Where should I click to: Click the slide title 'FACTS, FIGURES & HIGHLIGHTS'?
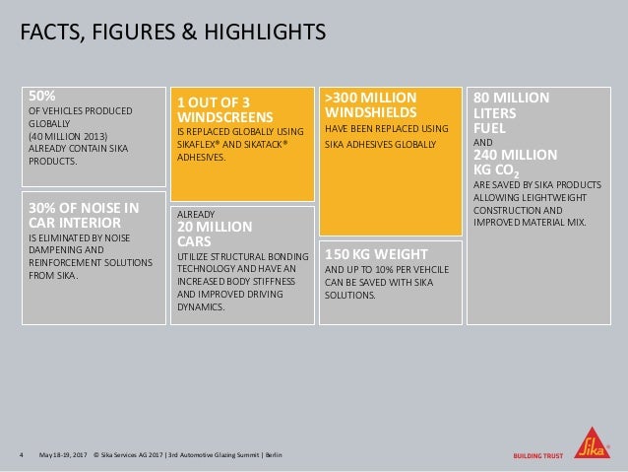(x=172, y=34)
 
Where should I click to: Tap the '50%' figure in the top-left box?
(x=41, y=97)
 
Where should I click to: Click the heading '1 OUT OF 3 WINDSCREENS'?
(x=221, y=107)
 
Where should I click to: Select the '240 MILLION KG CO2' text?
(x=517, y=160)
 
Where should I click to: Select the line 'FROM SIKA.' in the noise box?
(x=53, y=274)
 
